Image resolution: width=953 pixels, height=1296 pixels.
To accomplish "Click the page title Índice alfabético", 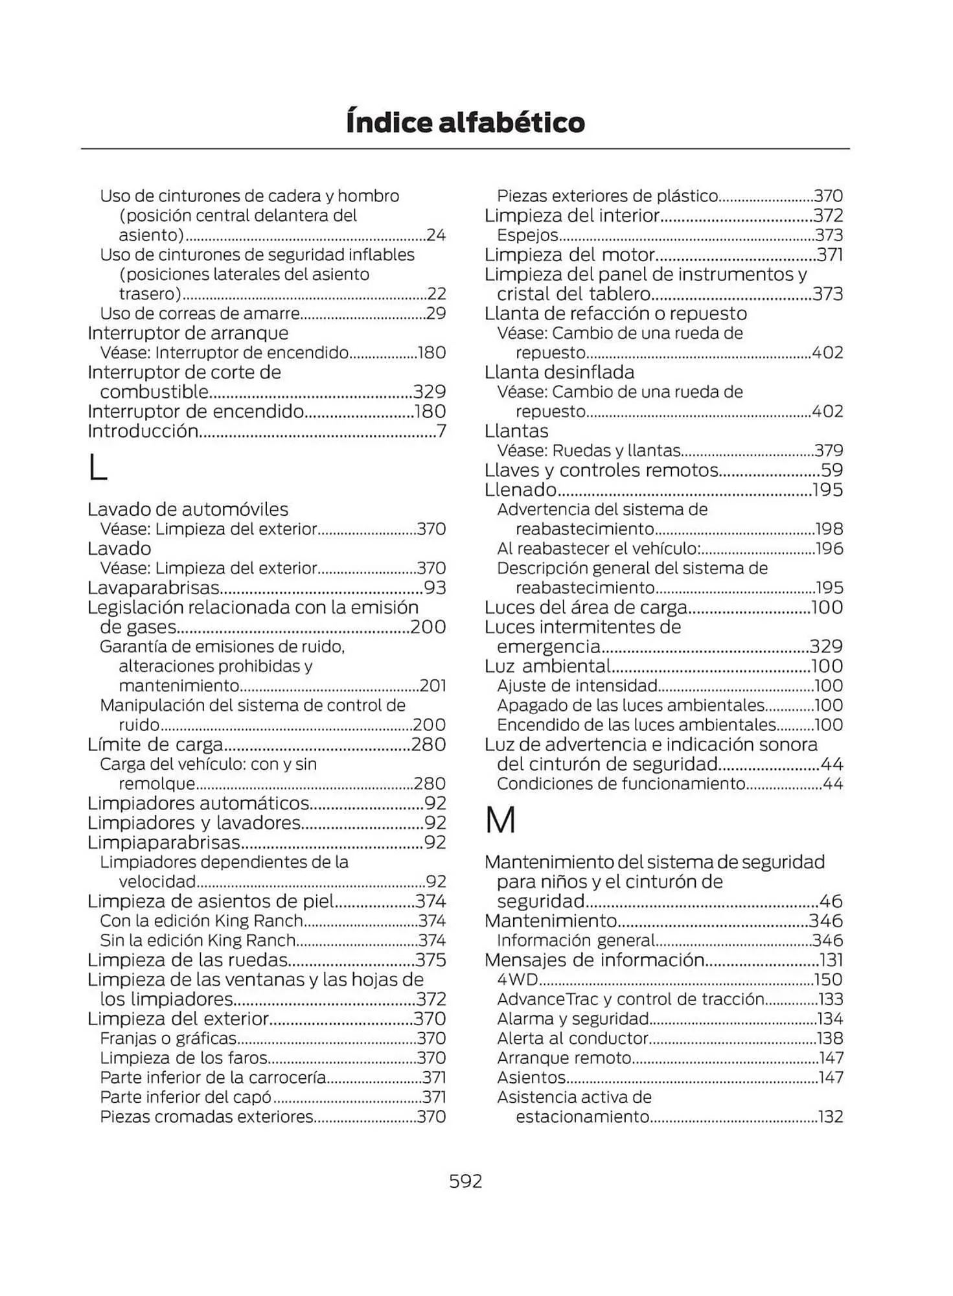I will tap(465, 122).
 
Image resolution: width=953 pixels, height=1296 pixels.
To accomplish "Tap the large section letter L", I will tap(97, 468).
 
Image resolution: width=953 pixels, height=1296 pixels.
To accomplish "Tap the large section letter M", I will tap(500, 820).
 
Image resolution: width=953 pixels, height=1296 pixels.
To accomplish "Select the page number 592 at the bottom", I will tap(466, 1181).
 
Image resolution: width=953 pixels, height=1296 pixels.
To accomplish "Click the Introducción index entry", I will tap(143, 431).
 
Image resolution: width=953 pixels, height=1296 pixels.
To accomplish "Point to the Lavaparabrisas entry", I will tap(154, 588).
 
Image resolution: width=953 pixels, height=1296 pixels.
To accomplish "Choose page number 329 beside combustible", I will tap(430, 392).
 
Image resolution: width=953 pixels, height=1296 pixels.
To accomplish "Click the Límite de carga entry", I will tap(155, 745).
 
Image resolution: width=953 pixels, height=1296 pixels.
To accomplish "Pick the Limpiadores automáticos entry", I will tap(198, 804).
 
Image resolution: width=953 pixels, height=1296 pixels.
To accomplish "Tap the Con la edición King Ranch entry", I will tap(201, 921).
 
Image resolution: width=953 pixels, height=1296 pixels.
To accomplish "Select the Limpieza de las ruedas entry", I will tap(188, 960).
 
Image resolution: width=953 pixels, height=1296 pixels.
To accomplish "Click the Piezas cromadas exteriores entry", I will tap(207, 1117).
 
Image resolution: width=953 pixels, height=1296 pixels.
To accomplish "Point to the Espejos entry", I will tap(527, 235).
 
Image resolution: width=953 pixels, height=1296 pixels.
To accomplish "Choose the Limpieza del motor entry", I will tap(570, 255).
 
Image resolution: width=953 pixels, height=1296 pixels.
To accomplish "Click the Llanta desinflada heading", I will tap(559, 373).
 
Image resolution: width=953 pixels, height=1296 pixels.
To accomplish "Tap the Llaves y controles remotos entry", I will tap(601, 470).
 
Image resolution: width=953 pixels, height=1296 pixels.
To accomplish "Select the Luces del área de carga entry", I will tap(586, 607).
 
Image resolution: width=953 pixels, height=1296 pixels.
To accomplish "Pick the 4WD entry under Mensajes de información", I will tap(518, 980).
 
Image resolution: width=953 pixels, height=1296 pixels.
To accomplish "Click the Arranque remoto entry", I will tap(564, 1058).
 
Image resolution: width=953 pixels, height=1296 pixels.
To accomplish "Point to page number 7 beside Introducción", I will tap(441, 432).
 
